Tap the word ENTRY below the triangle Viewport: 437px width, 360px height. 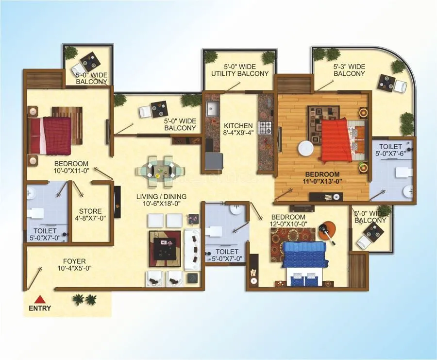point(40,308)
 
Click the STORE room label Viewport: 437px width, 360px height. point(90,211)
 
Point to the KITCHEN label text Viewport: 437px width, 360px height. point(238,126)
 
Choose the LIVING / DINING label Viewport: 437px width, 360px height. point(162,196)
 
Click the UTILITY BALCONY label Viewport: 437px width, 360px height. point(239,73)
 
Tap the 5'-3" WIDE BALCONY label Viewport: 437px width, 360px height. point(349,66)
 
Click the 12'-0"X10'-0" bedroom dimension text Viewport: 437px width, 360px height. point(288,224)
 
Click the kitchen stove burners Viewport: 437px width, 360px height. point(266,128)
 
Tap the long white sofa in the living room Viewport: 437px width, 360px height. point(193,249)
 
